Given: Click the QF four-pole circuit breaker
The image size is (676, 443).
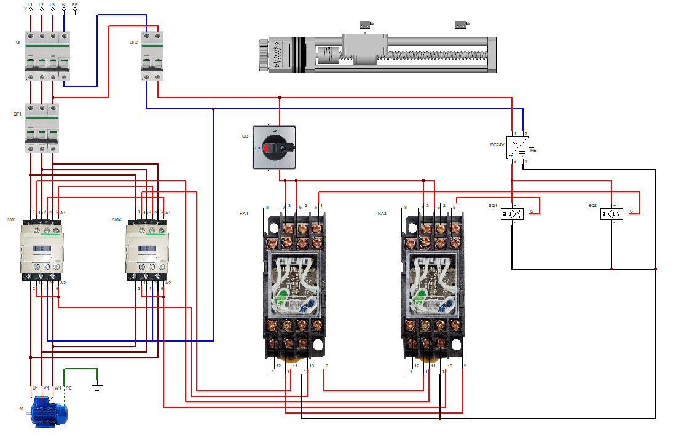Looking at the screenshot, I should (x=47, y=55).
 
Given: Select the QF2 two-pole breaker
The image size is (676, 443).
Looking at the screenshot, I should (x=152, y=55).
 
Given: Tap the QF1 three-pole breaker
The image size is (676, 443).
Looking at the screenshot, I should (x=42, y=128).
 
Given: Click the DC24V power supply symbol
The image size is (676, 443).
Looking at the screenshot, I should (x=517, y=148).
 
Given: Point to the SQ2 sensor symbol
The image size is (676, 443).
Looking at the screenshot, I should (x=613, y=214).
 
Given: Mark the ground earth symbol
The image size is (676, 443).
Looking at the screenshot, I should (x=96, y=387).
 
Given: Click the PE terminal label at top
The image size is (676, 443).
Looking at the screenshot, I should (x=75, y=4).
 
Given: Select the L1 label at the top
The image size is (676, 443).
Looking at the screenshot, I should (x=30, y=4).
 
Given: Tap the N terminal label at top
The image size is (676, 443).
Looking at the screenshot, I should (x=63, y=4).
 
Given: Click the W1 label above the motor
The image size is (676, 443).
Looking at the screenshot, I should (x=57, y=388).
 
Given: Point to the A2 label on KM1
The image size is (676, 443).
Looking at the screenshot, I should (x=63, y=283).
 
